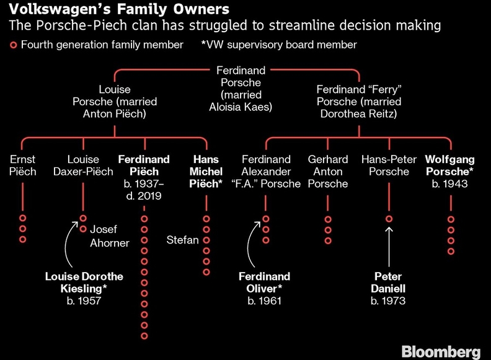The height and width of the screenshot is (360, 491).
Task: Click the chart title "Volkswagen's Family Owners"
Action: click(x=115, y=9)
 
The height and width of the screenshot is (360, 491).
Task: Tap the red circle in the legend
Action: click(x=13, y=45)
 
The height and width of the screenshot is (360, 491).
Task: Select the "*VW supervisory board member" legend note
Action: click(x=278, y=45)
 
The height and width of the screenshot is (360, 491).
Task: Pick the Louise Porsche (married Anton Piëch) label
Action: click(x=115, y=102)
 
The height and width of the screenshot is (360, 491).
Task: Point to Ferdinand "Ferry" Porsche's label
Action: click(x=358, y=102)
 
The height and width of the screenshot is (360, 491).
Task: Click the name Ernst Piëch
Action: click(x=23, y=165)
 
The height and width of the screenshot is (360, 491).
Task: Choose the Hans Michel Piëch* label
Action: click(x=206, y=172)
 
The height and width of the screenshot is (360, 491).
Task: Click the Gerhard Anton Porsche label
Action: click(x=328, y=172)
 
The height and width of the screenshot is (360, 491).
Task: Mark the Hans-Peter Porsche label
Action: click(x=388, y=165)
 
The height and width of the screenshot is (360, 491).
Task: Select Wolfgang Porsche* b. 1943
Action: click(x=450, y=172)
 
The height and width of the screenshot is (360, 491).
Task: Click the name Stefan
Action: click(x=182, y=240)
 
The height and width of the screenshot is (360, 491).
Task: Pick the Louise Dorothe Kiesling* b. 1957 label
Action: click(x=84, y=288)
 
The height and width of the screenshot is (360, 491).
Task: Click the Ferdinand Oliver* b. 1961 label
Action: click(x=264, y=288)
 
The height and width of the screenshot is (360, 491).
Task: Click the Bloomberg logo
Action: click(x=440, y=351)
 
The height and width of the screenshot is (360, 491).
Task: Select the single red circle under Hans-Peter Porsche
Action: click(x=389, y=219)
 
